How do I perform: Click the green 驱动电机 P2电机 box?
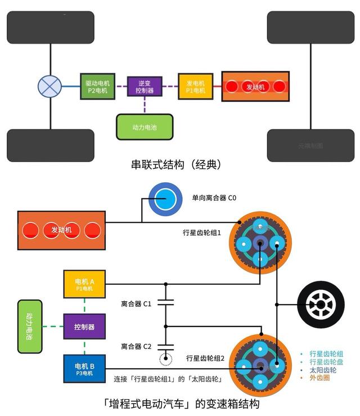click(97, 86)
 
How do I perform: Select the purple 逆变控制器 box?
click(145, 86)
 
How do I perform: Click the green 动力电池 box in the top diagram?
click(145, 127)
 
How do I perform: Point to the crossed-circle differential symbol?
click(49, 86)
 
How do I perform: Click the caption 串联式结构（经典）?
click(175, 164)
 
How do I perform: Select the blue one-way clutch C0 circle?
click(165, 199)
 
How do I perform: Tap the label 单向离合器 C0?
click(214, 198)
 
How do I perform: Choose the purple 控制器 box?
click(84, 326)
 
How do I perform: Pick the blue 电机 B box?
click(84, 369)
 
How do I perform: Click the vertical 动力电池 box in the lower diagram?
click(30, 326)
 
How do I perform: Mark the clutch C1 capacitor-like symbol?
click(165, 303)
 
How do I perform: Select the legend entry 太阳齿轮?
click(325, 370)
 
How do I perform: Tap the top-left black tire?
click(50, 27)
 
